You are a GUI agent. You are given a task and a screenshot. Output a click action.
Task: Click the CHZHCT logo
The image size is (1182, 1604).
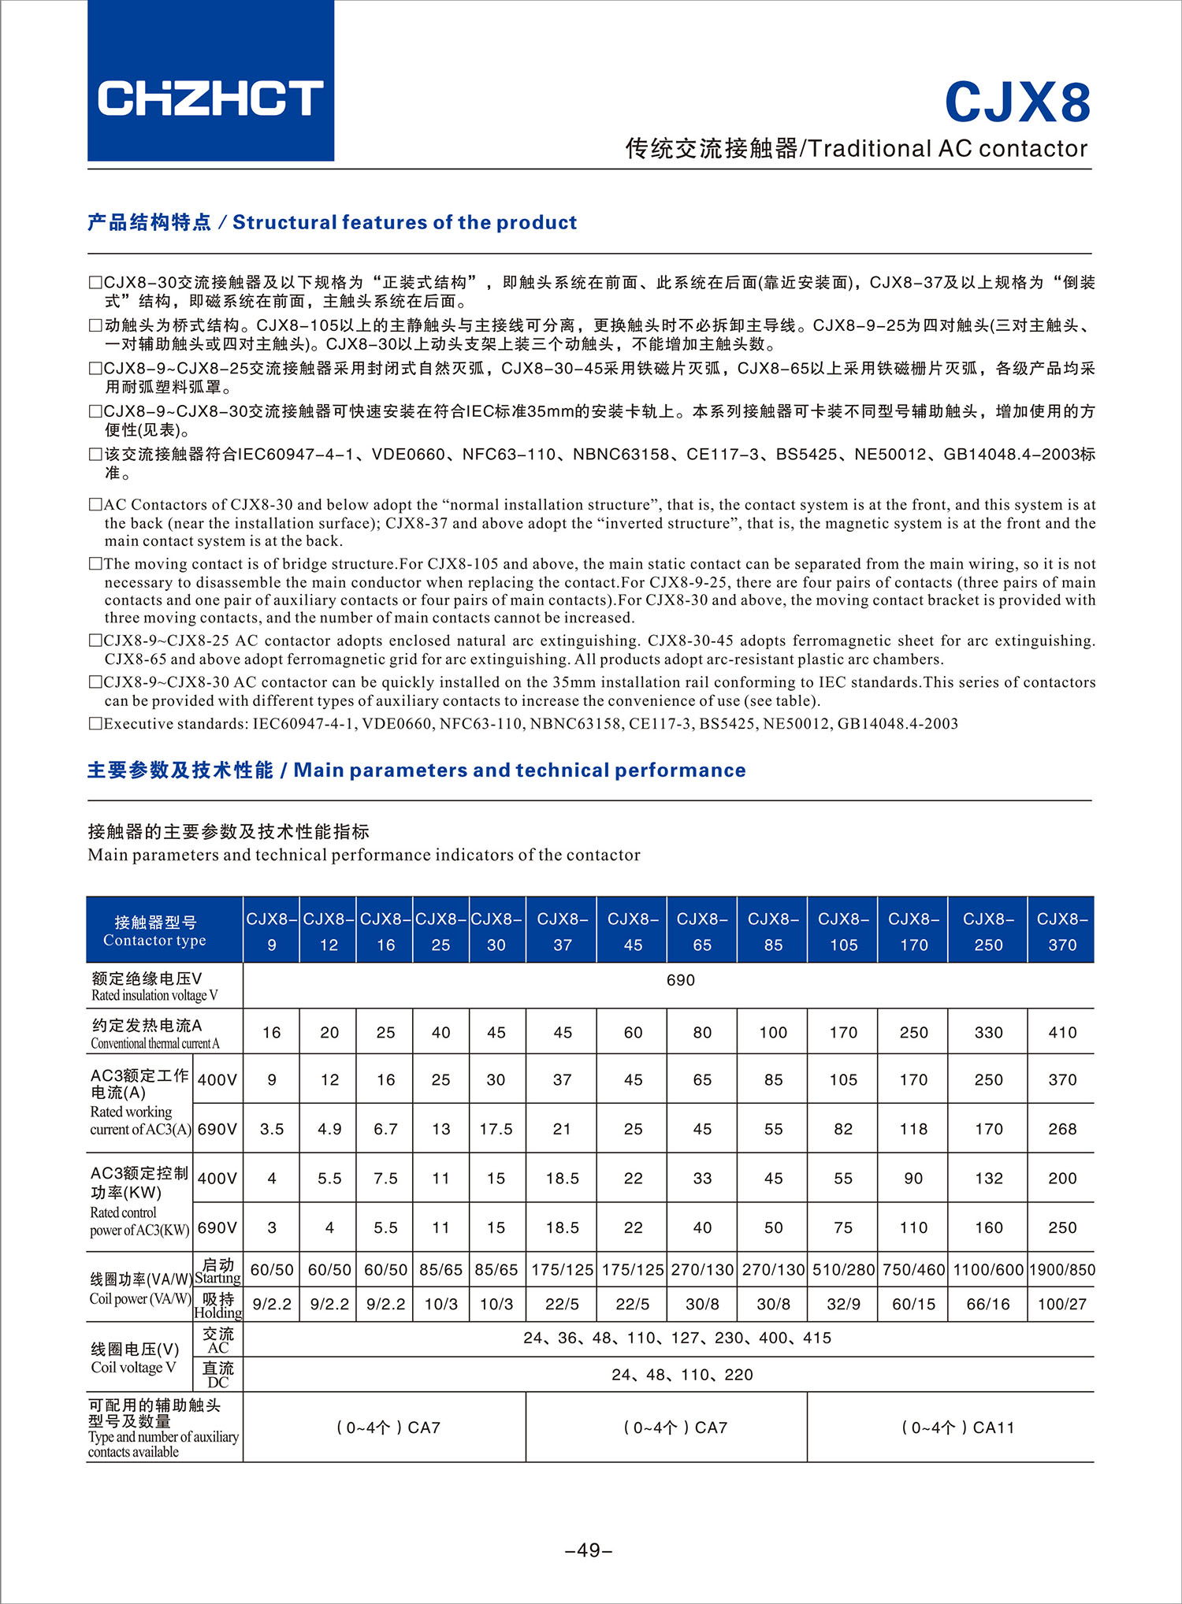pyautogui.click(x=210, y=98)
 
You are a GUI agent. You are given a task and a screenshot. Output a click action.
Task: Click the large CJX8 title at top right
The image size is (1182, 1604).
pyautogui.click(x=1017, y=102)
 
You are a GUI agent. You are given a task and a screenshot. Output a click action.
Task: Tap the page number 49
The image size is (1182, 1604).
pyautogui.click(x=589, y=1550)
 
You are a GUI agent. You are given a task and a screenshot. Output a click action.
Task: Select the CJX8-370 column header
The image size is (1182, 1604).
pyautogui.click(x=1061, y=931)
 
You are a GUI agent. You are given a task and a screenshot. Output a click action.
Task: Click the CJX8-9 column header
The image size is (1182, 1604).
pyautogui.click(x=272, y=931)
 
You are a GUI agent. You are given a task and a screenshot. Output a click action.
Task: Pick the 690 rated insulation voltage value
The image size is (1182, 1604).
pyautogui.click(x=680, y=980)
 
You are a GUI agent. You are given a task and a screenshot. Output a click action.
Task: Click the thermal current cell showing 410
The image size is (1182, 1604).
pyautogui.click(x=1061, y=1032)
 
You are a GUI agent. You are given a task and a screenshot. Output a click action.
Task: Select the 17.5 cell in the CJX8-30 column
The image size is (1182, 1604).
pyautogui.click(x=496, y=1129)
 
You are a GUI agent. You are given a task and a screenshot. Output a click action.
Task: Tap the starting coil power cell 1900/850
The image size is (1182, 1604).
pyautogui.click(x=1061, y=1270)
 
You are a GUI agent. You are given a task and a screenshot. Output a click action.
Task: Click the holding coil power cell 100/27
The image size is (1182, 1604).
pyautogui.click(x=1061, y=1304)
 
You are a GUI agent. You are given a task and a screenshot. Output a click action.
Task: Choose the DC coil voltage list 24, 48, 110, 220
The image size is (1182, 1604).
pyautogui.click(x=682, y=1375)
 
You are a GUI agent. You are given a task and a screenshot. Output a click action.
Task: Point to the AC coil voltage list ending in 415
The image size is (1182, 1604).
pyautogui.click(x=677, y=1338)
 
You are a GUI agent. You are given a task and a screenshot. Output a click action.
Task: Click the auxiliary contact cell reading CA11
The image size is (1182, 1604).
pyautogui.click(x=957, y=1428)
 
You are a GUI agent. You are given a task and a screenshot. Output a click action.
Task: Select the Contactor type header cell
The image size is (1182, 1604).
pyautogui.click(x=155, y=930)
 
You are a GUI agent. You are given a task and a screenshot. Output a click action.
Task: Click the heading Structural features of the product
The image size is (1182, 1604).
pyautogui.click(x=404, y=222)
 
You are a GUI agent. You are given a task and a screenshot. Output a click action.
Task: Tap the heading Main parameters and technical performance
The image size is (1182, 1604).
pyautogui.click(x=519, y=770)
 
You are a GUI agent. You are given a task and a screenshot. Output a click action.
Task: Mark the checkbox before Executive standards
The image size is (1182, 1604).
pyautogui.click(x=95, y=723)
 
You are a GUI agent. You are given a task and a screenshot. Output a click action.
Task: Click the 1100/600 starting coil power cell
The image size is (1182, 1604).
pyautogui.click(x=988, y=1270)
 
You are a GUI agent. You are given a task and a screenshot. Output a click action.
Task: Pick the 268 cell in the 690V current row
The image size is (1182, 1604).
pyautogui.click(x=1061, y=1129)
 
